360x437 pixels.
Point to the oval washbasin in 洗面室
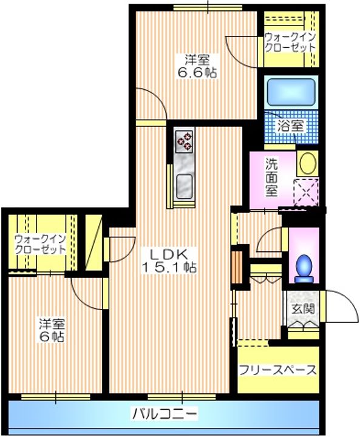tap(307, 164)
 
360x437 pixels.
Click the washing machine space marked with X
tap(305, 194)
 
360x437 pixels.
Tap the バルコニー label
tap(165, 415)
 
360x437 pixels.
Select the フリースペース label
tap(277, 370)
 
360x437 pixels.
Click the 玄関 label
tap(302, 308)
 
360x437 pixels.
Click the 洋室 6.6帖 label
tap(197, 66)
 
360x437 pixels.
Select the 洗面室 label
tap(271, 175)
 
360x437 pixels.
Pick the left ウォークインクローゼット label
tap(40, 244)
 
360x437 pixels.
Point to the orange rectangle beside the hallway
tap(237, 264)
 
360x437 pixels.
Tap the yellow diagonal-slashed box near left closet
tap(93, 241)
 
